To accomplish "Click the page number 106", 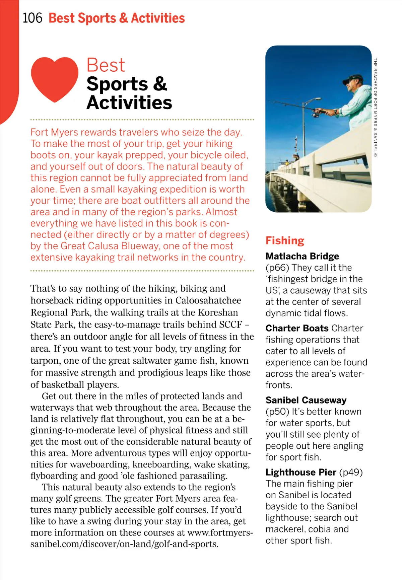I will coord(32,18).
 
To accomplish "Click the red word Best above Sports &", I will coord(106,65).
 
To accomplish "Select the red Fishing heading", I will coord(285,240).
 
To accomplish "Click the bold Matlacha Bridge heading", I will coord(302,256).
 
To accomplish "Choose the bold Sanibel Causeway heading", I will coord(306,400).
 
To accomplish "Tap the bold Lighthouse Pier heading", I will coord(300,472).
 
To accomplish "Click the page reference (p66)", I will coord(277,268).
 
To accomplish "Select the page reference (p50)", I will coord(277,412).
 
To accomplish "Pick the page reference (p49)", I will coord(351,472).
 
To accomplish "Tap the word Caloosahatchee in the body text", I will coord(208,300).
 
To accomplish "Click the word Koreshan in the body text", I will coord(218,312).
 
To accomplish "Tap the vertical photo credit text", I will coord(375,107).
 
